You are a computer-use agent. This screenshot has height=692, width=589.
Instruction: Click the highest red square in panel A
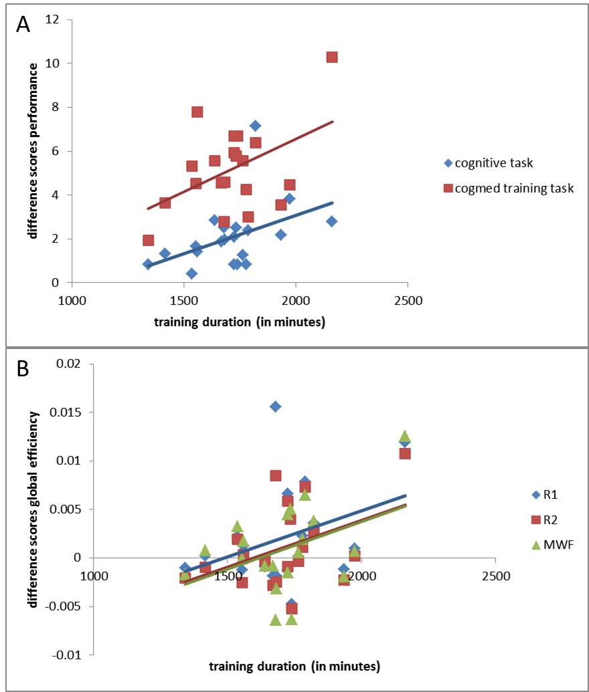(331, 57)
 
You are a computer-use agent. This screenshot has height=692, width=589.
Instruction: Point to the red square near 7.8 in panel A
(197, 112)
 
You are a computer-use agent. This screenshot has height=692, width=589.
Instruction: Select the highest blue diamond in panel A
(255, 126)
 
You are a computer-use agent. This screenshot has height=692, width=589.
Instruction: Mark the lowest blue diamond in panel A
(191, 273)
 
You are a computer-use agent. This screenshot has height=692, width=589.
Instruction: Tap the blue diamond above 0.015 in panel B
(275, 407)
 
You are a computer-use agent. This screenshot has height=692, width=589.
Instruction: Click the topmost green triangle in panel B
(404, 436)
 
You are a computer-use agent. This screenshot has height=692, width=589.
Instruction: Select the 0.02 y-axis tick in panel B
(68, 364)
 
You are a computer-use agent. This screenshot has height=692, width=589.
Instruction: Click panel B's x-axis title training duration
(294, 667)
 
